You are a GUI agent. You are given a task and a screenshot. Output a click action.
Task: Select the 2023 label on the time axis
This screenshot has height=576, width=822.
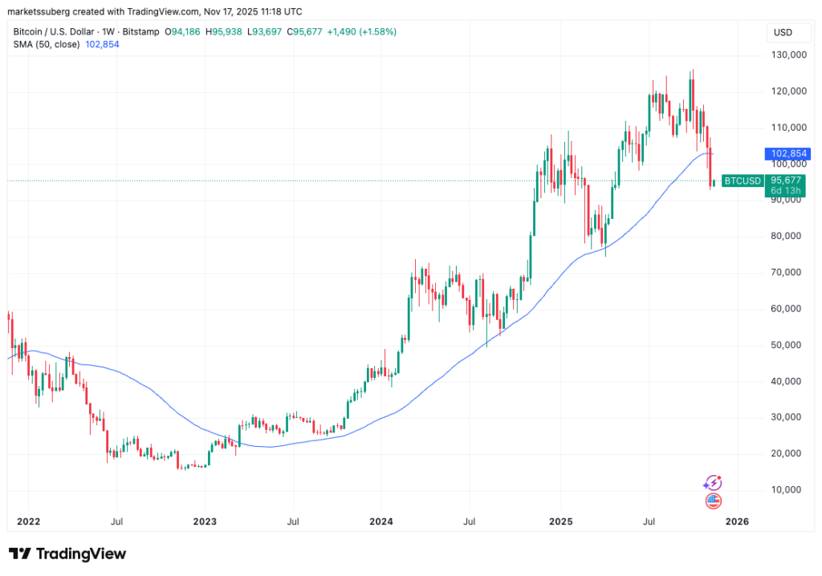(205, 522)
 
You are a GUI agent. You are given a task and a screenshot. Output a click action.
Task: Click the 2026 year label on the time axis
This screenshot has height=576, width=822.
(737, 522)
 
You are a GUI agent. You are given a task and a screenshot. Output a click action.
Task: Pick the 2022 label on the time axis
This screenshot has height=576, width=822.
(28, 522)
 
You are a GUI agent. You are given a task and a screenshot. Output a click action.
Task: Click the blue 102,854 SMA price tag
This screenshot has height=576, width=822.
(790, 153)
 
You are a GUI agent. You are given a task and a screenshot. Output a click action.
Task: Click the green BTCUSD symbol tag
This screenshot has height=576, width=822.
(742, 181)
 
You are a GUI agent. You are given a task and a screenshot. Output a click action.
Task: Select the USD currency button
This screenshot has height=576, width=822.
(781, 32)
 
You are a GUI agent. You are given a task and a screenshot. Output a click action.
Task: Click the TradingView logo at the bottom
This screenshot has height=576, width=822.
(67, 554)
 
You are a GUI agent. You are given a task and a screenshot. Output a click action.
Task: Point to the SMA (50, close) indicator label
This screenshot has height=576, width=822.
(47, 44)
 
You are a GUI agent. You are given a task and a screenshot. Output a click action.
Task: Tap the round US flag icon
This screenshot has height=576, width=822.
(712, 501)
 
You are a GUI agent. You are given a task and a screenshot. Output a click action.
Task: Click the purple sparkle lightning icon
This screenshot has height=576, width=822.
(712, 483)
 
